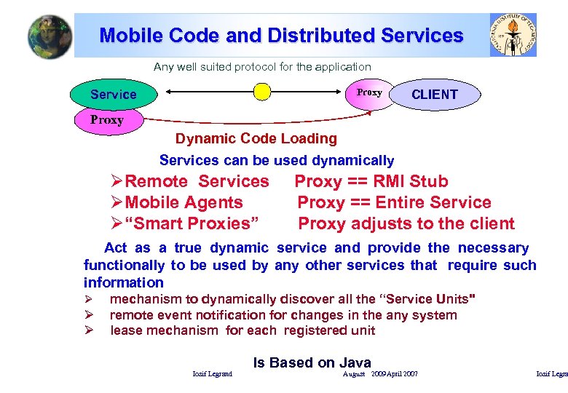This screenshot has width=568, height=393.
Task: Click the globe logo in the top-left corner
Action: point(50,36)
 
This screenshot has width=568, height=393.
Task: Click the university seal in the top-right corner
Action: point(513,34)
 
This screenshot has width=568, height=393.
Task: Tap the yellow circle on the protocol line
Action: point(261,92)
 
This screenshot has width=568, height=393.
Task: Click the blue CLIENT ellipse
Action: point(435,95)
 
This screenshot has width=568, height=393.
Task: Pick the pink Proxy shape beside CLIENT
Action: point(369,93)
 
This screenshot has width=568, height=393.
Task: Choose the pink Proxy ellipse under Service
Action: point(107,120)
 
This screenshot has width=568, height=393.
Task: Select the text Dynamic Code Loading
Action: point(256,138)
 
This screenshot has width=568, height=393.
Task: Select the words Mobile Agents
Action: point(184,202)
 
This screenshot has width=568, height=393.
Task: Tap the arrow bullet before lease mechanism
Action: point(87,331)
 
